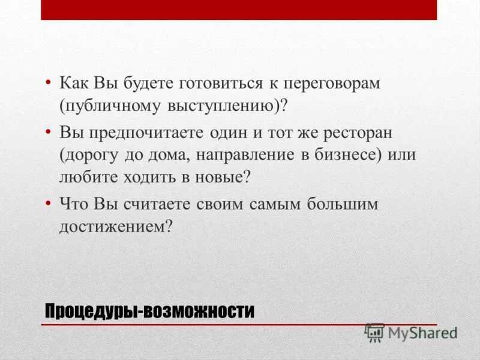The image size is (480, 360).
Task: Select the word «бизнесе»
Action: click(x=348, y=154)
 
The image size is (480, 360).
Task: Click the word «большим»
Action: click(x=343, y=203)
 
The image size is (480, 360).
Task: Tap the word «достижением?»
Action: click(x=116, y=226)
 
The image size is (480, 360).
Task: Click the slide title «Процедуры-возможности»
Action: click(x=149, y=311)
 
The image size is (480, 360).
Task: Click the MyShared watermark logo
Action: click(x=412, y=332)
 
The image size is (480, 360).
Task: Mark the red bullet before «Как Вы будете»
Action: click(x=47, y=83)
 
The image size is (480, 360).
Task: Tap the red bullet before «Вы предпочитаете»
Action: click(x=47, y=131)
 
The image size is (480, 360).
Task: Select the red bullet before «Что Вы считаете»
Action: click(x=47, y=203)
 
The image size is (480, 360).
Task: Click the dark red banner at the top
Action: click(x=239, y=10)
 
